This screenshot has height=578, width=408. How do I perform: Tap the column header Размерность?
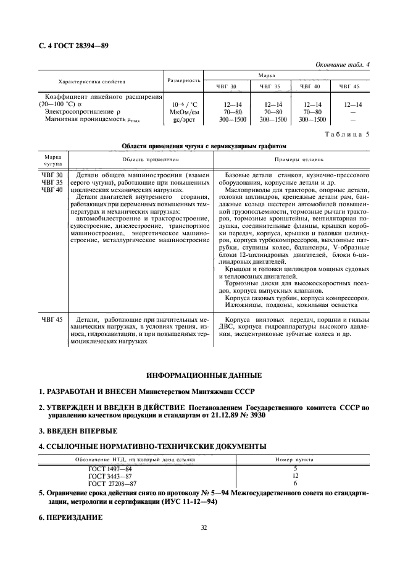click(x=184, y=80)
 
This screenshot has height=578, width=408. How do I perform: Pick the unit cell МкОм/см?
click(x=184, y=112)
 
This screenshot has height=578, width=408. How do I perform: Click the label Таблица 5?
click(x=348, y=134)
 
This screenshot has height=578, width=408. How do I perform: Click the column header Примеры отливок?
click(x=292, y=159)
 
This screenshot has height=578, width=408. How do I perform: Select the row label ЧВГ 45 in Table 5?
click(x=52, y=319)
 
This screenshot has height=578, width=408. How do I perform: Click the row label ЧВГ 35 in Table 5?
click(x=52, y=182)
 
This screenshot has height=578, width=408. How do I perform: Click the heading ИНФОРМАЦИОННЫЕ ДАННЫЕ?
click(x=204, y=375)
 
